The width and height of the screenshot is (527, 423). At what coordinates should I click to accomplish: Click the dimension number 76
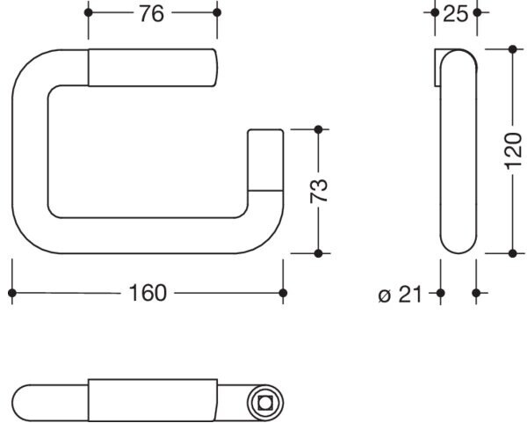click(152, 14)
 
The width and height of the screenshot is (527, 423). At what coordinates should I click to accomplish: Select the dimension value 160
click(148, 293)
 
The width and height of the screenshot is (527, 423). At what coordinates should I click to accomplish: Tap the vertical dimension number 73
click(319, 191)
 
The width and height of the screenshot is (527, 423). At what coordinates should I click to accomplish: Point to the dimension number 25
click(455, 14)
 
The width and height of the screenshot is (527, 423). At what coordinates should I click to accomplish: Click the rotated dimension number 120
click(513, 152)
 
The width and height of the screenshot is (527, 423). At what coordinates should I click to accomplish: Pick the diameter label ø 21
click(400, 294)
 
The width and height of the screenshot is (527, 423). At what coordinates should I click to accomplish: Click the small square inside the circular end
click(265, 403)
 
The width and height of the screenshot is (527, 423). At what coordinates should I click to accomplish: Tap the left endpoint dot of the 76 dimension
click(88, 13)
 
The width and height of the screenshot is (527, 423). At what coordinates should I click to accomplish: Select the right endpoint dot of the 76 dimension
click(217, 13)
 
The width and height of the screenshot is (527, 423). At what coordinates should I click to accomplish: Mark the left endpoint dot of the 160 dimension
click(12, 293)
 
